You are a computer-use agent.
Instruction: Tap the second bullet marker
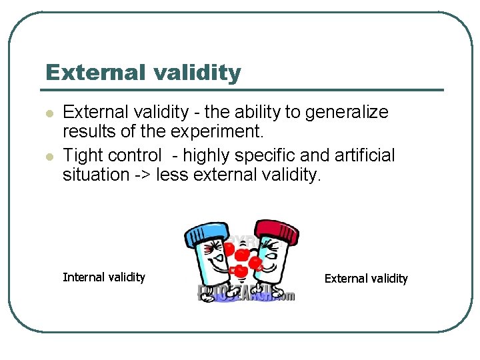pos(48,156)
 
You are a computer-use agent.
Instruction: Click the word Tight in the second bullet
pos(82,155)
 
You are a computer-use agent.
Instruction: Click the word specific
pos(263,155)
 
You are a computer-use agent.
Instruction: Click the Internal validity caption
pos(103,277)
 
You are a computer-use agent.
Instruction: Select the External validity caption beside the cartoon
pos(366,278)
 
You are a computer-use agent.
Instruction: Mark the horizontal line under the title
pos(241,90)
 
